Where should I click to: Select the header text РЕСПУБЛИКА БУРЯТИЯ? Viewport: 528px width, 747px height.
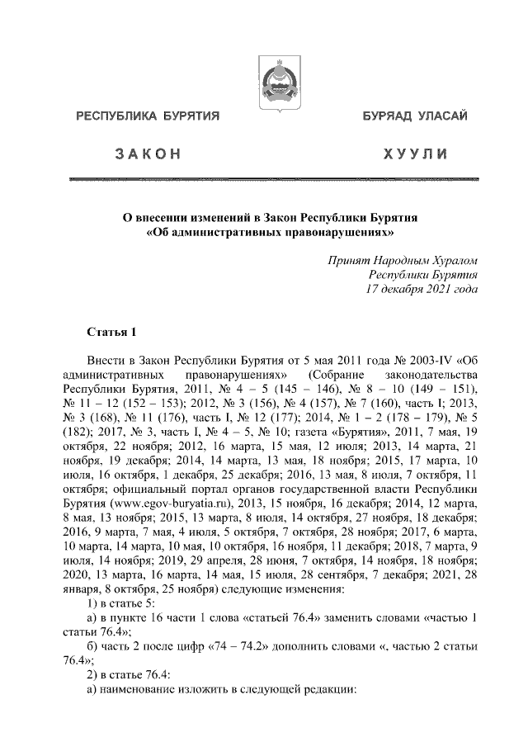[x=148, y=116]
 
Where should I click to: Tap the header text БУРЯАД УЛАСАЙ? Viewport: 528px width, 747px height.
[x=408, y=116]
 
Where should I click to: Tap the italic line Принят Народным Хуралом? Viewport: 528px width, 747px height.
[x=403, y=259]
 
